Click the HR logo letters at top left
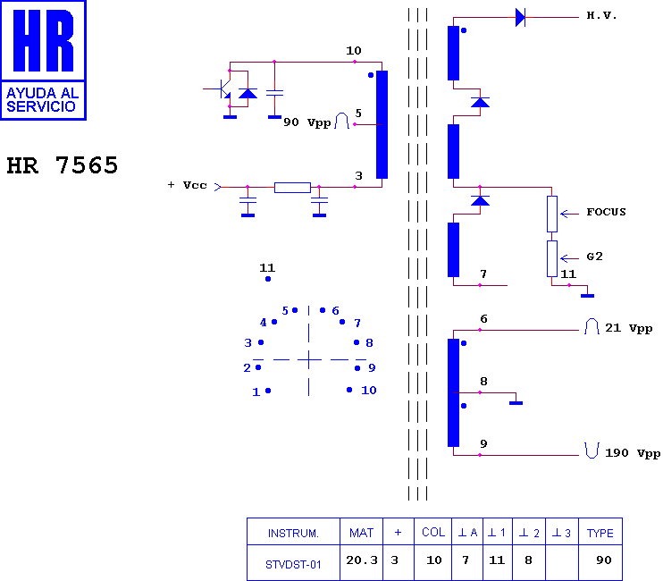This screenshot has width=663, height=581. point(43,40)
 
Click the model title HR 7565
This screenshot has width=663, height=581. point(63,164)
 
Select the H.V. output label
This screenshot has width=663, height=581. point(601,16)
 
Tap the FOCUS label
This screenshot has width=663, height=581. point(606,212)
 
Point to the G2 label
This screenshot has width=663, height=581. point(594,257)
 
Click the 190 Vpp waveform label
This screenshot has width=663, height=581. point(633,453)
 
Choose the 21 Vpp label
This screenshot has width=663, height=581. point(629,328)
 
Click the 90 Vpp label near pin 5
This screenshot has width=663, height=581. point(307,122)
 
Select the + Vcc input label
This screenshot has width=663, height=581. point(187,185)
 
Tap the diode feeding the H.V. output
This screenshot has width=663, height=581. point(521,17)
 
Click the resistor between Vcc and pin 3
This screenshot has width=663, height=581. point(292,188)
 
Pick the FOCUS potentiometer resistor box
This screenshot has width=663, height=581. point(552,214)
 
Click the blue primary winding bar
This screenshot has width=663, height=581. point(382,124)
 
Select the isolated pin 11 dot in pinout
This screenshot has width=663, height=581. point(268,279)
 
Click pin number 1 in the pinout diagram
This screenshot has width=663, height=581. point(256,392)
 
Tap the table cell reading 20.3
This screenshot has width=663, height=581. point(362,560)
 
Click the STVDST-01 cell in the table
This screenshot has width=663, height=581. point(293,565)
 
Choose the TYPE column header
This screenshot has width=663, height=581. point(600,533)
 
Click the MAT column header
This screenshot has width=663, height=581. point(362,533)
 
